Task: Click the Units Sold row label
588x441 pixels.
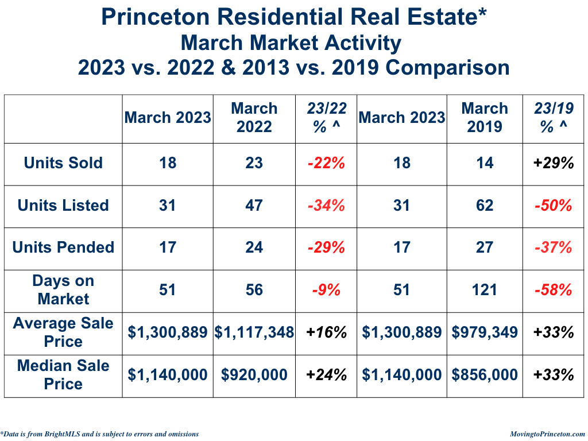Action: [x=63, y=163]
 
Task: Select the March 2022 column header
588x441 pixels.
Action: [x=254, y=118]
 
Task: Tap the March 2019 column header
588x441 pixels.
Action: [x=485, y=118]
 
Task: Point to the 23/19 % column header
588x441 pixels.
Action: [x=554, y=118]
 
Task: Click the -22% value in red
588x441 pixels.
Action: [x=326, y=163]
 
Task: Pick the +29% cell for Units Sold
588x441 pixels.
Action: [x=554, y=163]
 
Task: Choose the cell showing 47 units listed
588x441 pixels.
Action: [x=254, y=206]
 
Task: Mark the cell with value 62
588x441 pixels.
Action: [x=485, y=206]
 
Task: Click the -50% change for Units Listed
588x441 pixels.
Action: [x=554, y=206]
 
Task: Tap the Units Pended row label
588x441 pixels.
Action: [x=63, y=247]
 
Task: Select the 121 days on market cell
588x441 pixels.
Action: [x=485, y=290]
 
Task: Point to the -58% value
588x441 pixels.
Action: [x=554, y=290]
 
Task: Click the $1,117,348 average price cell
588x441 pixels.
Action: [x=254, y=332]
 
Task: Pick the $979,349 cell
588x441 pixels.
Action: [x=485, y=332]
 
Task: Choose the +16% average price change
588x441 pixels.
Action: [x=326, y=332]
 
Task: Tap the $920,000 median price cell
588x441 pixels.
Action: [x=254, y=376]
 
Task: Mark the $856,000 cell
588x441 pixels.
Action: [x=485, y=376]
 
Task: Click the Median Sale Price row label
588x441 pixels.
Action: [x=63, y=375]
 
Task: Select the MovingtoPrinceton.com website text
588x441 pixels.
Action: [x=547, y=434]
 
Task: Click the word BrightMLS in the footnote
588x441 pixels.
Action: [x=62, y=434]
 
